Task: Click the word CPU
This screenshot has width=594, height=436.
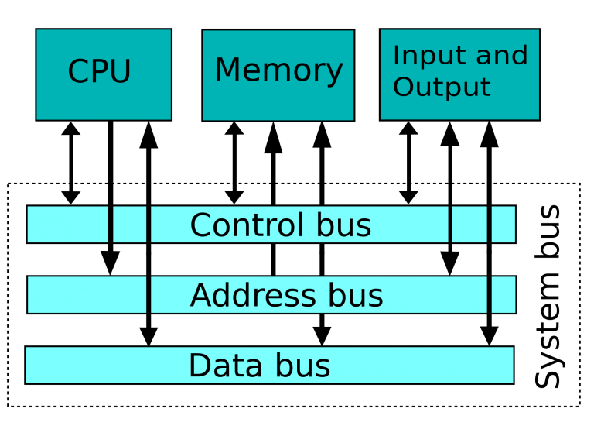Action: coord(99,72)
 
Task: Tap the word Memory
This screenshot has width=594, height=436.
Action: coord(278,70)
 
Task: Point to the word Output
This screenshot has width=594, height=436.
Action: coord(442,87)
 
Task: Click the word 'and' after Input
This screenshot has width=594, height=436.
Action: coord(502,56)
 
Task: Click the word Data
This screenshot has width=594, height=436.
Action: coord(223,366)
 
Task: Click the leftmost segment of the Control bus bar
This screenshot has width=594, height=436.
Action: coord(67,225)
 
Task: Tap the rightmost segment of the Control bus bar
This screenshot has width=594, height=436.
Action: coord(503,225)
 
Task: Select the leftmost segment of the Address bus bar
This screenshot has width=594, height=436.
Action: coord(87,295)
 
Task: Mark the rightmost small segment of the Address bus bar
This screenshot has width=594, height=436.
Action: coord(503,295)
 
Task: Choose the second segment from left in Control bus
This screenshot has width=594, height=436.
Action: coord(129,225)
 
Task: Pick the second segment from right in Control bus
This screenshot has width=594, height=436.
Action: coord(469,225)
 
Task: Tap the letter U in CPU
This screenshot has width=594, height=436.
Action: coord(120,72)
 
